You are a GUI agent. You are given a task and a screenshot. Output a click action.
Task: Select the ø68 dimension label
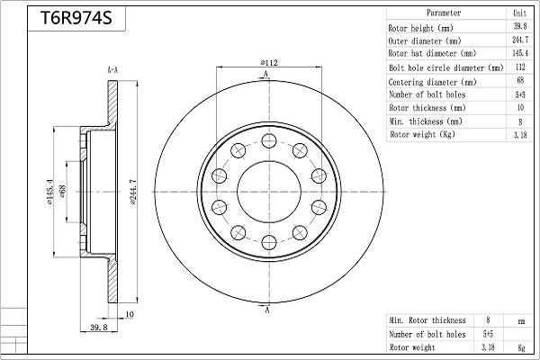coord(63,192)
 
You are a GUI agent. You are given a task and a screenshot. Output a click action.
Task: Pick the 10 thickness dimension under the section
coord(129,314)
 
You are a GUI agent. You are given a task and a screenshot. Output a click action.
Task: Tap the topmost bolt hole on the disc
coord(268,140)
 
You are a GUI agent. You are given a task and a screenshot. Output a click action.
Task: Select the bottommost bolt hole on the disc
coord(268,240)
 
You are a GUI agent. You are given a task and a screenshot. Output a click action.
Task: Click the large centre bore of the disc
coord(268,191)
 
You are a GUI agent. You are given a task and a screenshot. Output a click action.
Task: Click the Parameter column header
coord(444,13)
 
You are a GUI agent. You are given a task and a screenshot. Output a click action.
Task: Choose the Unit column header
coord(519,13)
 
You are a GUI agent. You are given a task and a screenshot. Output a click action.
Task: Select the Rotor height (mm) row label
coord(426,27)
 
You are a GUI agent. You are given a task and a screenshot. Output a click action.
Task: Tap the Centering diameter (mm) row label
coord(433,81)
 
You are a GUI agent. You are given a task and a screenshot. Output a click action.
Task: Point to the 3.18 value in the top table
coord(519,135)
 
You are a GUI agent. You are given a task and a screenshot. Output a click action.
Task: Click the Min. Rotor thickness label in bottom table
coord(427,320)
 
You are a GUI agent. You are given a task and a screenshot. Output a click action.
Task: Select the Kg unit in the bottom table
coord(520,346)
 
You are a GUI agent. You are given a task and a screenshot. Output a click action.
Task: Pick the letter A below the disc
coord(267,310)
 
